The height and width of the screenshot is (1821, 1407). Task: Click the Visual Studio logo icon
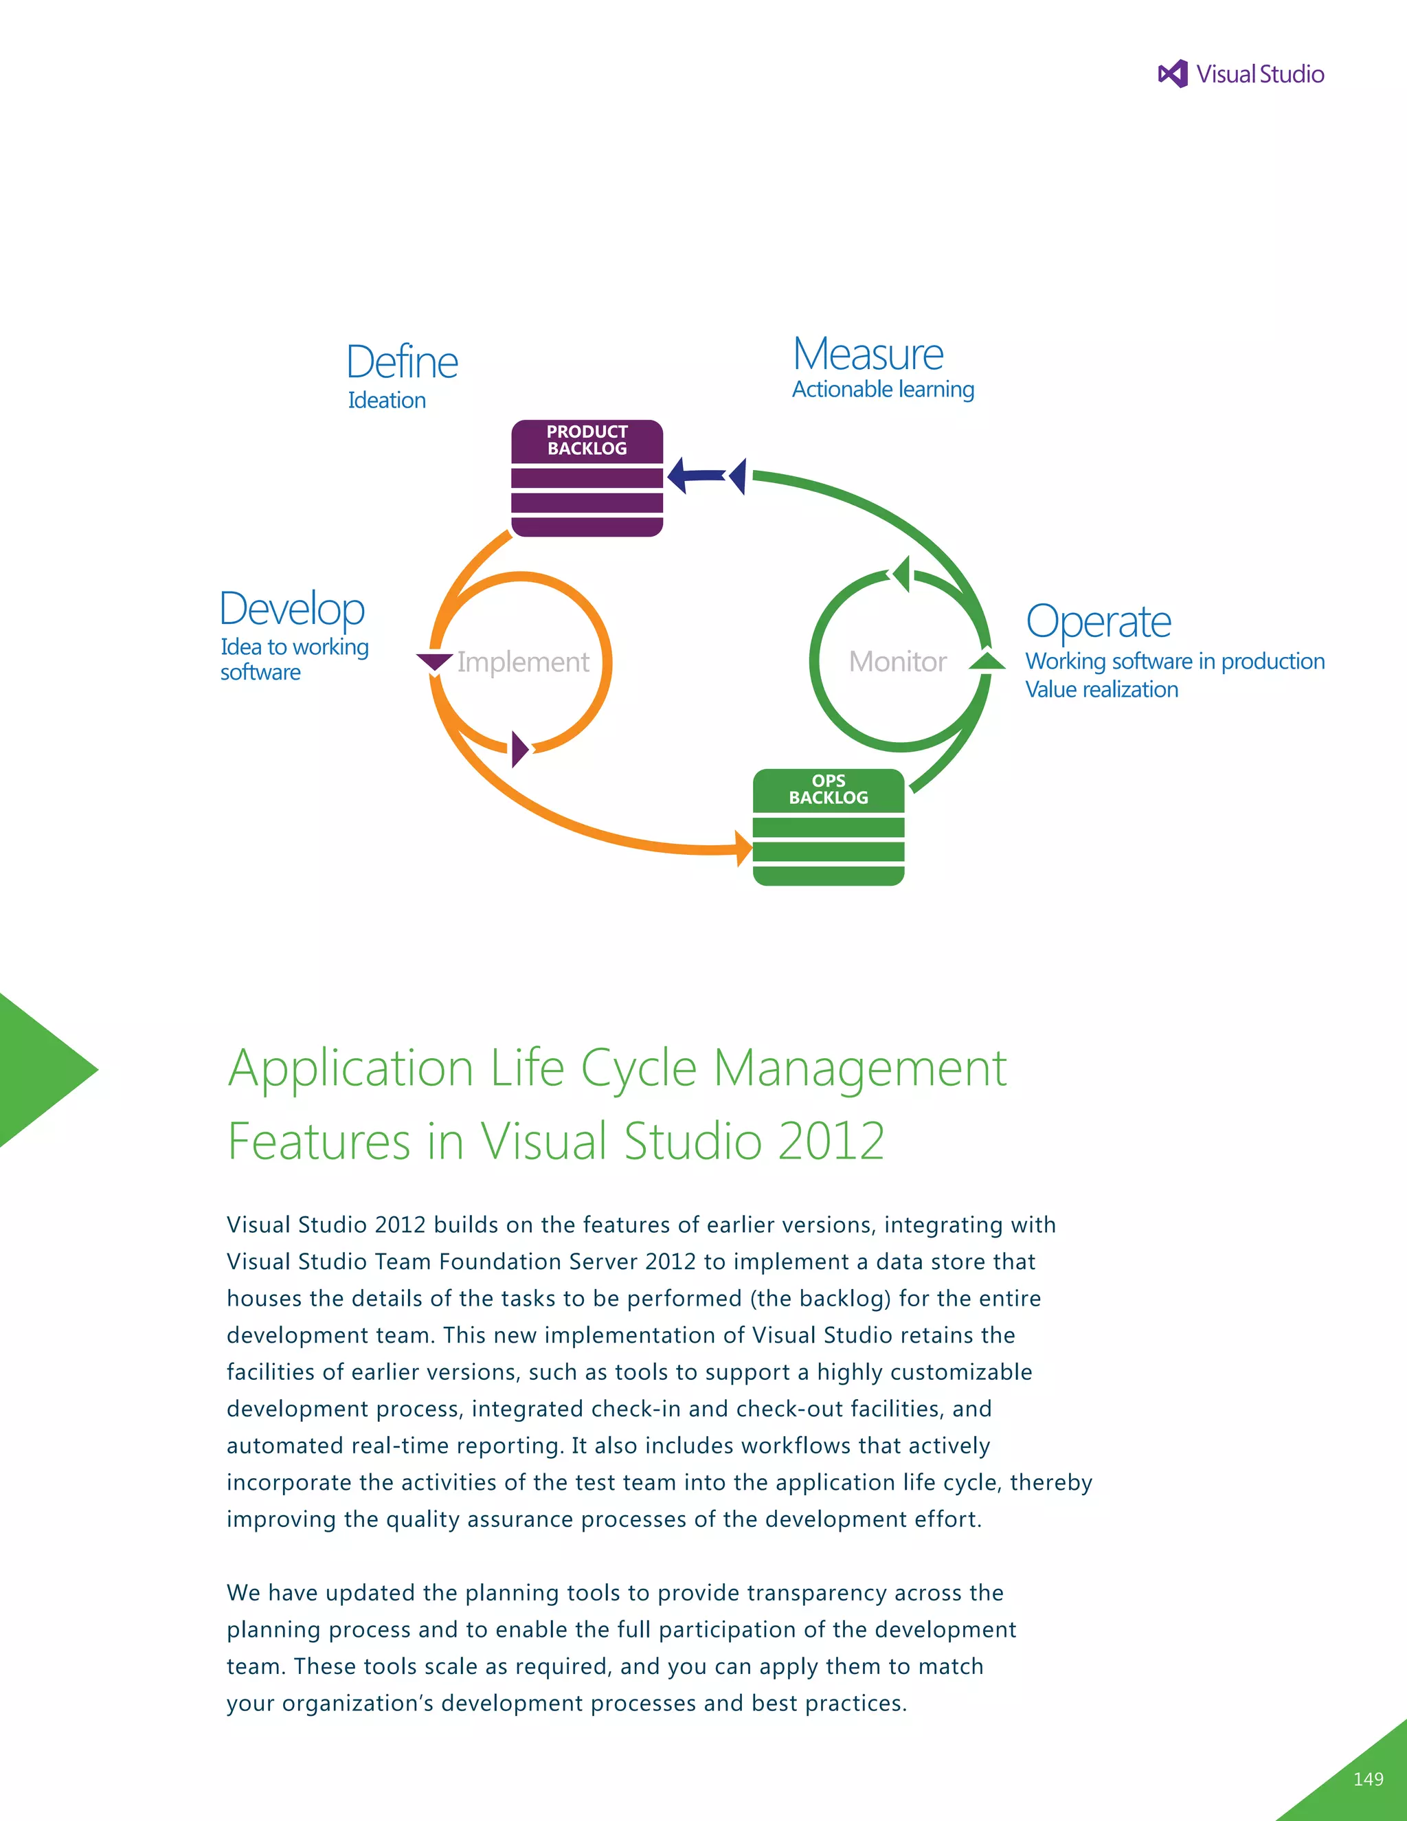1173,74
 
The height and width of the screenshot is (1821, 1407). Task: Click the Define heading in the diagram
402,363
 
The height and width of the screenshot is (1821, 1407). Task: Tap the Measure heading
868,355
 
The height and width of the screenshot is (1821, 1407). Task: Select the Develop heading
292,609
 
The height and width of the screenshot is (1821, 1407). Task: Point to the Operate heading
1098,622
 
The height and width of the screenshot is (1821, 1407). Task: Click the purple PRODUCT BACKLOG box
587,478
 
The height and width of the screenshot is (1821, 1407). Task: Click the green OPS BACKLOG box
828,827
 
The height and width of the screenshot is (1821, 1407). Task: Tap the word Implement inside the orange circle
523,662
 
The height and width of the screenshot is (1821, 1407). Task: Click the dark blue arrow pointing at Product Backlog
695,476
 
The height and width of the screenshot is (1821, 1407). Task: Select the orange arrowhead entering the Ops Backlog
743,849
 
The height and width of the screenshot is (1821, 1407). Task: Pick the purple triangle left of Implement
434,662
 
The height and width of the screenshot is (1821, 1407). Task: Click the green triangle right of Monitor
988,661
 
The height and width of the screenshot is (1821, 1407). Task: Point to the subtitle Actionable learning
883,390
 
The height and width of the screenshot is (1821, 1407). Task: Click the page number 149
1368,1779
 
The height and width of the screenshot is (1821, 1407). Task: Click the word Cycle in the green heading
638,1069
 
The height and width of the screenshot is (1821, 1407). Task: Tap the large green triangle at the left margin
38,1070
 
